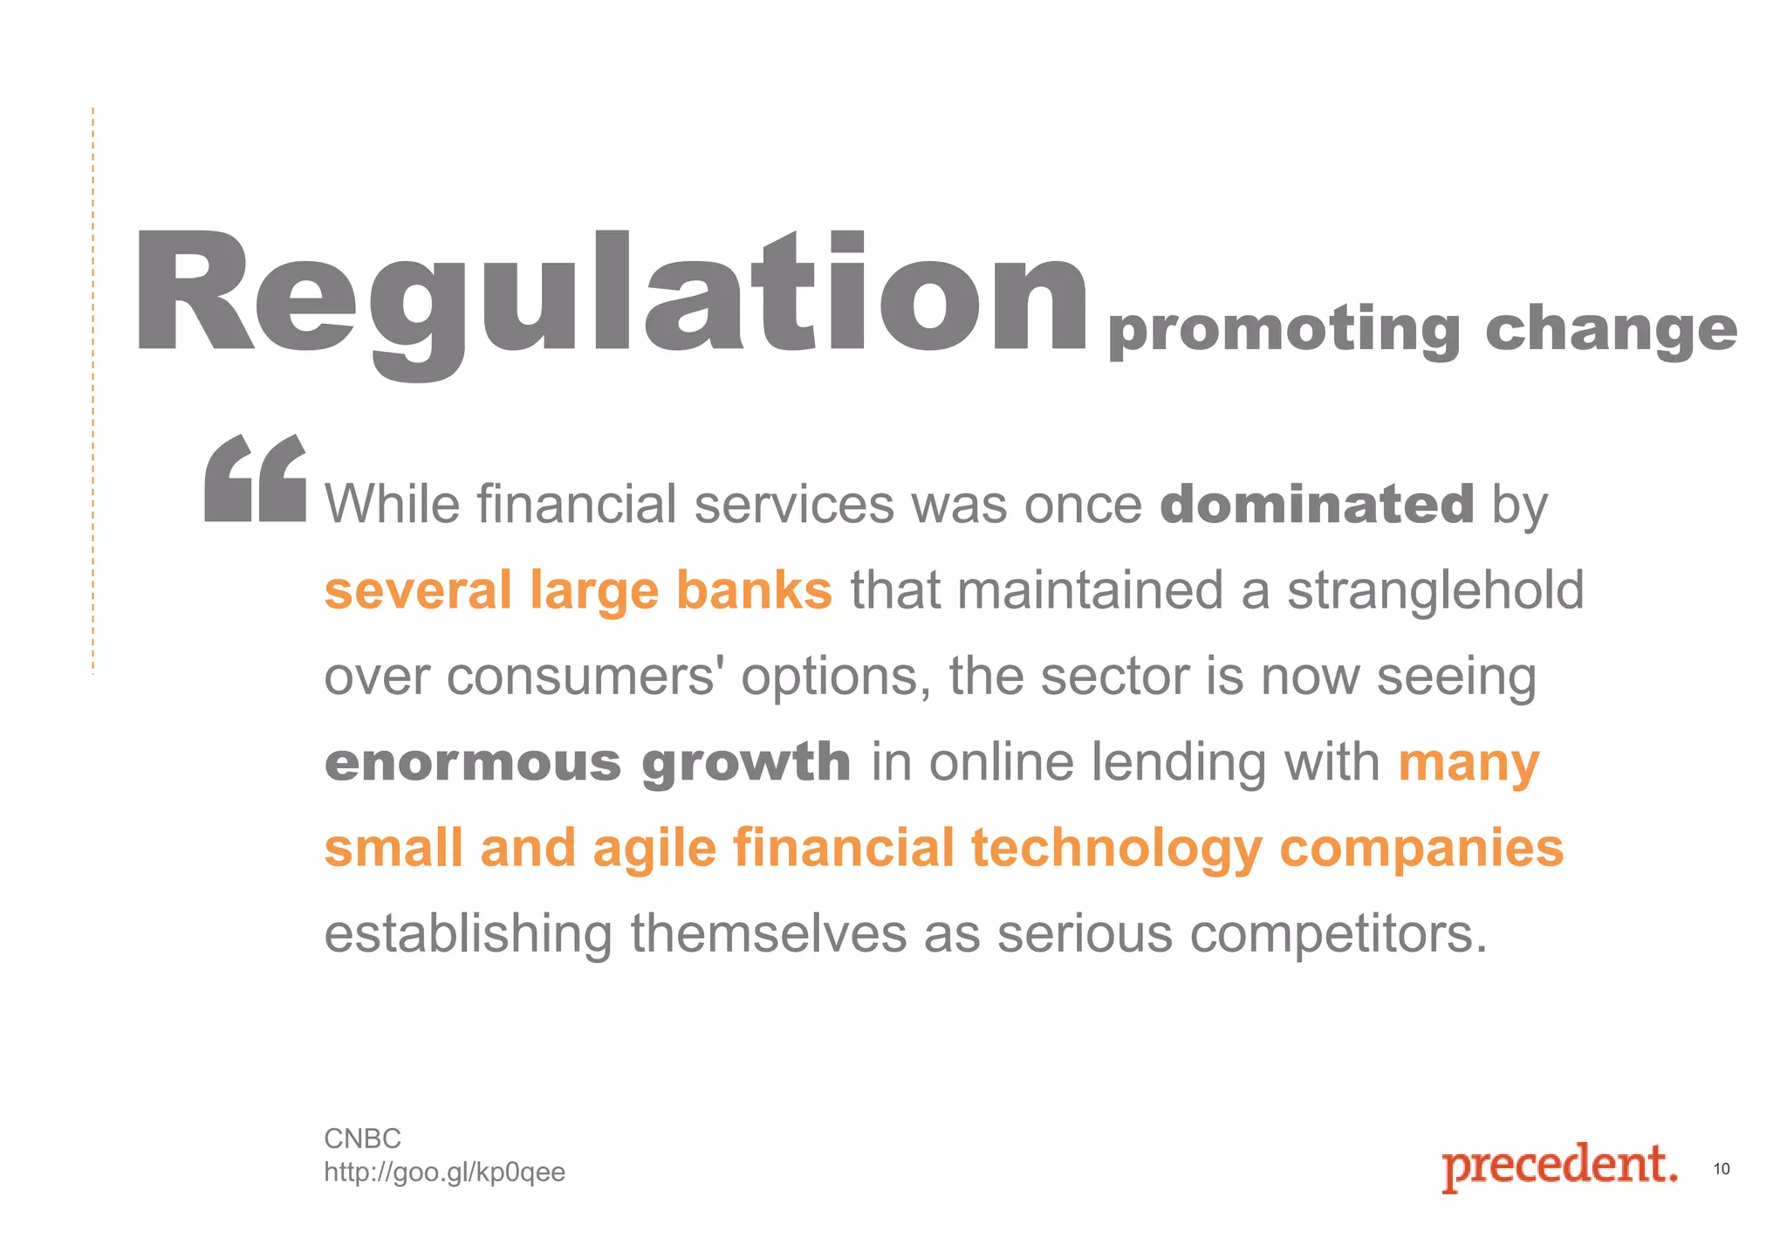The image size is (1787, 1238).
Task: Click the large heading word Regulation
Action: coord(611,297)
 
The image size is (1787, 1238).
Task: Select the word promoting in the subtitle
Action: coord(1284,330)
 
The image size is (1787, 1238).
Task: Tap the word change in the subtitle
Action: coord(1611,330)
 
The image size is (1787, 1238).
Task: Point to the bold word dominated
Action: coord(1317,504)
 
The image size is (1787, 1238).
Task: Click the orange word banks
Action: coord(754,590)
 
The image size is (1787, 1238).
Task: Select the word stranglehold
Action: coord(1435,590)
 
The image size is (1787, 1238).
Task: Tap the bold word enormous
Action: coord(472,762)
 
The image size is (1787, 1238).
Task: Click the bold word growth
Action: coord(746,762)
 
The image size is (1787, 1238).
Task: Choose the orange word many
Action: coord(1469,762)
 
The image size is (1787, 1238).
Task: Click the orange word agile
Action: coord(654,849)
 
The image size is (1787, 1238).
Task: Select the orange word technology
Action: coord(1116,849)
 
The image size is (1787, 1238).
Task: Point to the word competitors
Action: coord(1339,934)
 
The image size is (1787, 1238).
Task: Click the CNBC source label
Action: coord(362,1138)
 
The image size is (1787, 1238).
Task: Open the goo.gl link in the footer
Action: coord(444,1172)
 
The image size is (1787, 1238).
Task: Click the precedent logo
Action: coord(1559,1166)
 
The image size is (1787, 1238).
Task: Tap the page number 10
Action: coord(1721,1169)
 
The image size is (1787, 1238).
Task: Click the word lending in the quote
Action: coord(1178,762)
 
